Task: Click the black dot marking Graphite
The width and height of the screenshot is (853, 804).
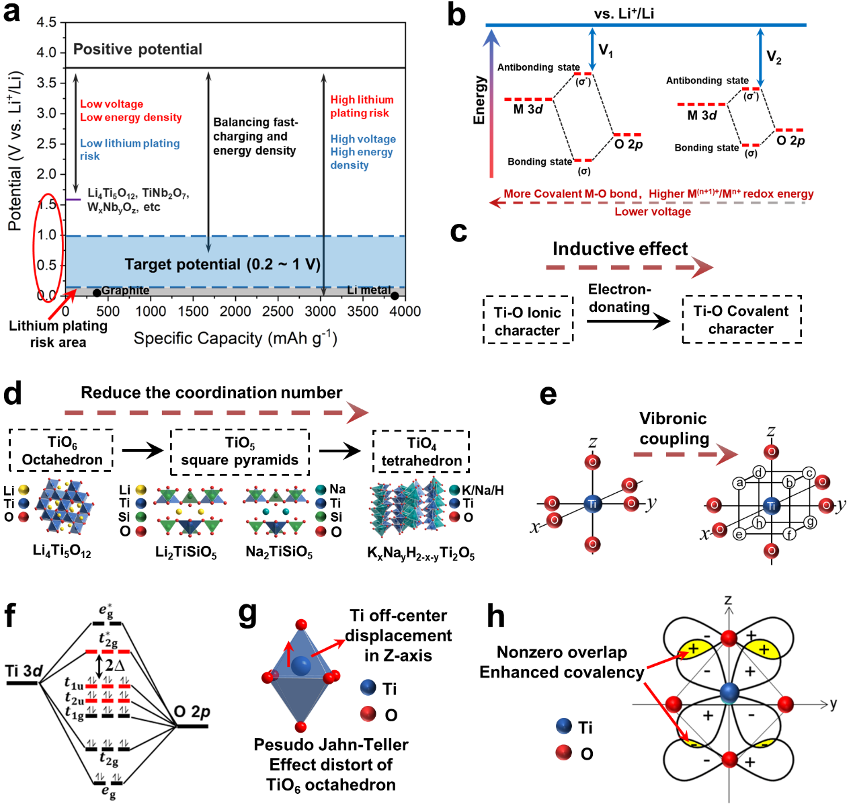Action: tap(97, 292)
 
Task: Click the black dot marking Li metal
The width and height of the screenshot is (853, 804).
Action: tap(395, 295)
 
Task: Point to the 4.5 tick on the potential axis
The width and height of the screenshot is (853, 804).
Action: tap(46, 22)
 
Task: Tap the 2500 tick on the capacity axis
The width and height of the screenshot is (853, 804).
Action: tap(278, 311)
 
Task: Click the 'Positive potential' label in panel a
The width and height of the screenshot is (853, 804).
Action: tap(137, 49)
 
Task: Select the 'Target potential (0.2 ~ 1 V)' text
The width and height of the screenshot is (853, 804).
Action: tap(222, 264)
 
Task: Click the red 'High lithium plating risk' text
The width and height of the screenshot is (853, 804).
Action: tap(362, 106)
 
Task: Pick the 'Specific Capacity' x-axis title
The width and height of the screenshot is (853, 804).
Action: tap(235, 338)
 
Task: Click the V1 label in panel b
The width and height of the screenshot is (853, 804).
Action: tap(606, 50)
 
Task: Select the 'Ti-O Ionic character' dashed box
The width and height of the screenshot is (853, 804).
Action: tap(528, 321)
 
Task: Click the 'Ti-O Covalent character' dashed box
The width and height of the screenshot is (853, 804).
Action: tap(741, 319)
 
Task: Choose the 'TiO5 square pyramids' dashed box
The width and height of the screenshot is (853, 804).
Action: tap(240, 451)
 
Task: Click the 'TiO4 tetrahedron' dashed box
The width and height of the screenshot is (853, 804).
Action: tap(421, 451)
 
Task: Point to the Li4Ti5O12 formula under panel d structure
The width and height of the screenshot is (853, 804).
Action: tap(62, 551)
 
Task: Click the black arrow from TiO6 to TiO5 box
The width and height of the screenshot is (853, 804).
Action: tap(142, 450)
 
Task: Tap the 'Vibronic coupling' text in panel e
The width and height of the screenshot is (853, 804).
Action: tap(674, 429)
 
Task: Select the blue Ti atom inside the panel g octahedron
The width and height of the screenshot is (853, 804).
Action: tap(300, 666)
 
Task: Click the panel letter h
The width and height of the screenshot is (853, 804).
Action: tap(495, 615)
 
